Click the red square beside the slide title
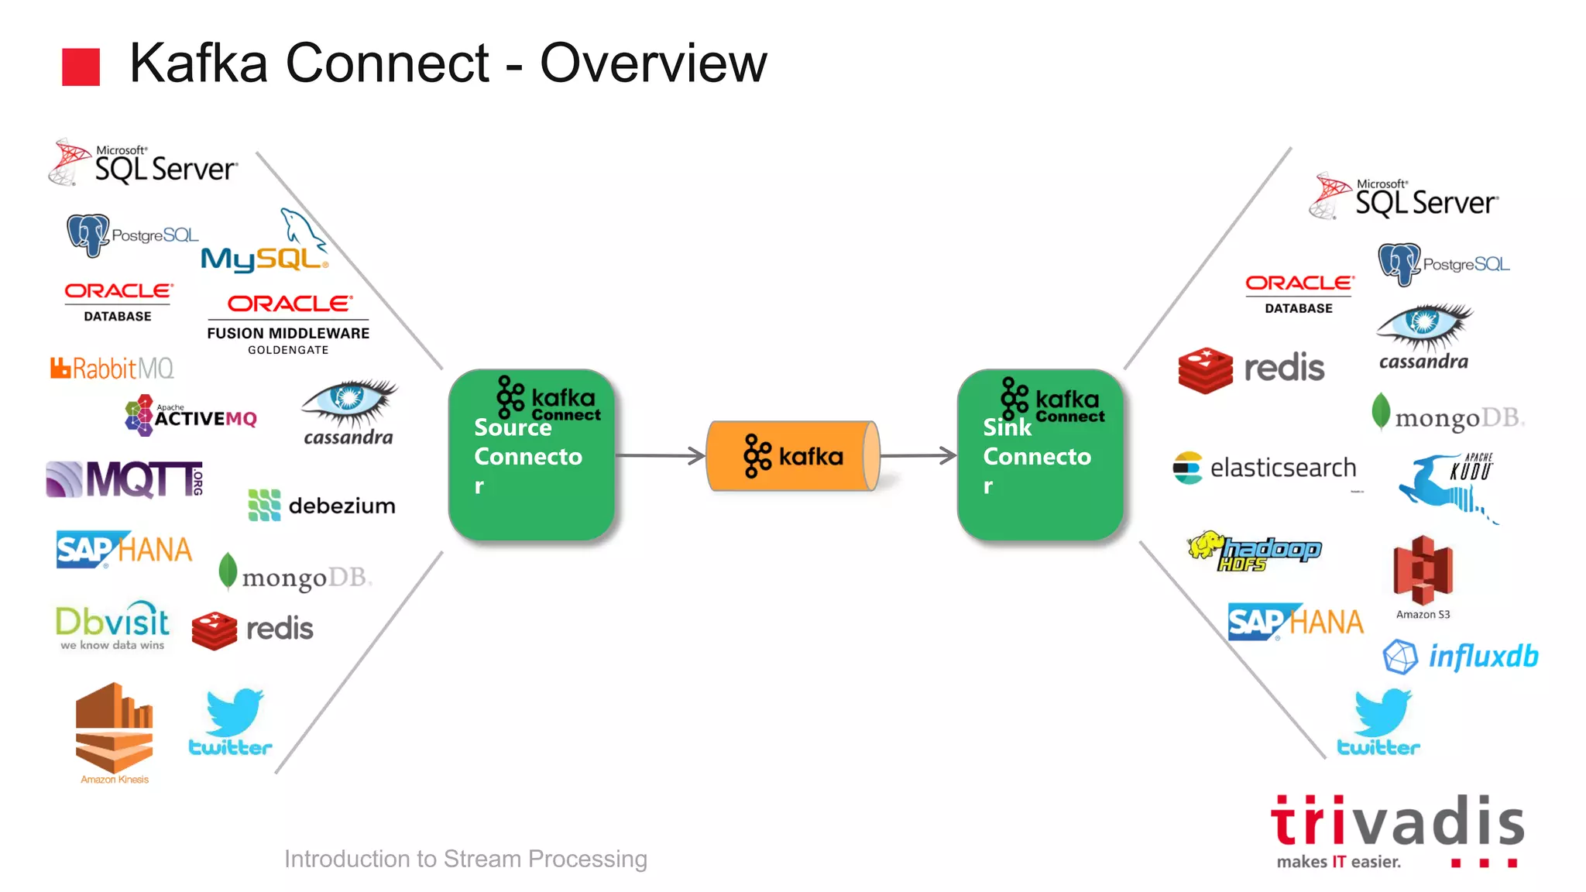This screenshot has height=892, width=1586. tap(81, 67)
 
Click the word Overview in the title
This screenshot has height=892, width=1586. tap(652, 63)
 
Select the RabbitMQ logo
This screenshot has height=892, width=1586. tap(112, 369)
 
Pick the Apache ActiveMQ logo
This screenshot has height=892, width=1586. tap(191, 416)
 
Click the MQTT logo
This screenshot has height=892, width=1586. tap(125, 479)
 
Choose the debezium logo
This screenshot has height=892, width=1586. tap(321, 506)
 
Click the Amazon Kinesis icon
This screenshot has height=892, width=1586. tap(114, 729)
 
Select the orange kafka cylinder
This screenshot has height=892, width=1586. tap(792, 456)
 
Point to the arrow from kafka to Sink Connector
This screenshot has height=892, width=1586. tap(918, 456)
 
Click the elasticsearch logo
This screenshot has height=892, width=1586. tap(1265, 468)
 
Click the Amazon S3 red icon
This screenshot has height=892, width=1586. tap(1423, 571)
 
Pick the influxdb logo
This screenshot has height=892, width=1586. tap(1460, 657)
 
